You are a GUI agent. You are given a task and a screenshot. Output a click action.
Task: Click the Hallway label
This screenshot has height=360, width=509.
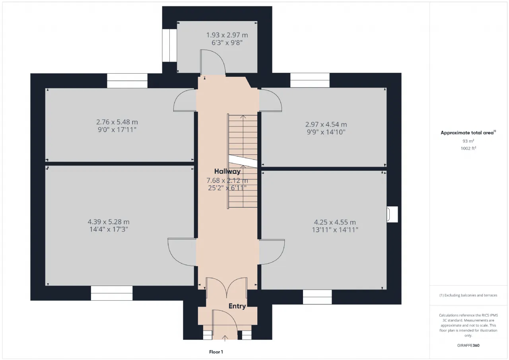(227, 171)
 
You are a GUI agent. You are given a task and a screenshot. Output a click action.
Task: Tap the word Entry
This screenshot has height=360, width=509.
(237, 306)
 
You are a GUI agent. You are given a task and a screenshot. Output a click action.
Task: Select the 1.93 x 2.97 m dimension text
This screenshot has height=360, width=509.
(227, 35)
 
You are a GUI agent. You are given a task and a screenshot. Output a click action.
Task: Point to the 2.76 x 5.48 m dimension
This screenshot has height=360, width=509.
(117, 122)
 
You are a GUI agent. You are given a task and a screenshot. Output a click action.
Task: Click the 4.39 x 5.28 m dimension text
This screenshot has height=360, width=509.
(109, 222)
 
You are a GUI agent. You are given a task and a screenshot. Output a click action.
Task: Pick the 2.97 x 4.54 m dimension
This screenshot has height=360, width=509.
(326, 125)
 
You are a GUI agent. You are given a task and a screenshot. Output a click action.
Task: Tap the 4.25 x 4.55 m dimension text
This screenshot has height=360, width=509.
(335, 222)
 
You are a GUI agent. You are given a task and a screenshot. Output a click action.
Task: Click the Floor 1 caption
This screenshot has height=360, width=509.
(216, 352)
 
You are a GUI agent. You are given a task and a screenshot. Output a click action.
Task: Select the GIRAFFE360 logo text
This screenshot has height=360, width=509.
(468, 345)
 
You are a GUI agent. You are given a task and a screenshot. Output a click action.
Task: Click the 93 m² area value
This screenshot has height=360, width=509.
(468, 141)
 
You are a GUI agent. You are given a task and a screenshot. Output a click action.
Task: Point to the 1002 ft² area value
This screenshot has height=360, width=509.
(468, 148)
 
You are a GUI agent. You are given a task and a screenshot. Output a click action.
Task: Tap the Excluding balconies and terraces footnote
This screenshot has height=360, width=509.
(468, 295)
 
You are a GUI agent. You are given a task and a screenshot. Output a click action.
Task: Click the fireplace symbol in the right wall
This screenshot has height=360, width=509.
(392, 214)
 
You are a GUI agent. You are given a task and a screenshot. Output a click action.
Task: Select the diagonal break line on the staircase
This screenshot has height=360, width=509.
(243, 161)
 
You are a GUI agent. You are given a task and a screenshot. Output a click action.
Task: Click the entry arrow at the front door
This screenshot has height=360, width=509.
(225, 338)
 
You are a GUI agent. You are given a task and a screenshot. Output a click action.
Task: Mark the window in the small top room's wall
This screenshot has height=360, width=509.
(169, 45)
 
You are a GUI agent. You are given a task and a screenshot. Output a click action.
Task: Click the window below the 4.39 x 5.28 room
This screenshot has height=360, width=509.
(112, 293)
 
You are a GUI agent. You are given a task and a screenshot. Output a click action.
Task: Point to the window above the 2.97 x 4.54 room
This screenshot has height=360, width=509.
(310, 80)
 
